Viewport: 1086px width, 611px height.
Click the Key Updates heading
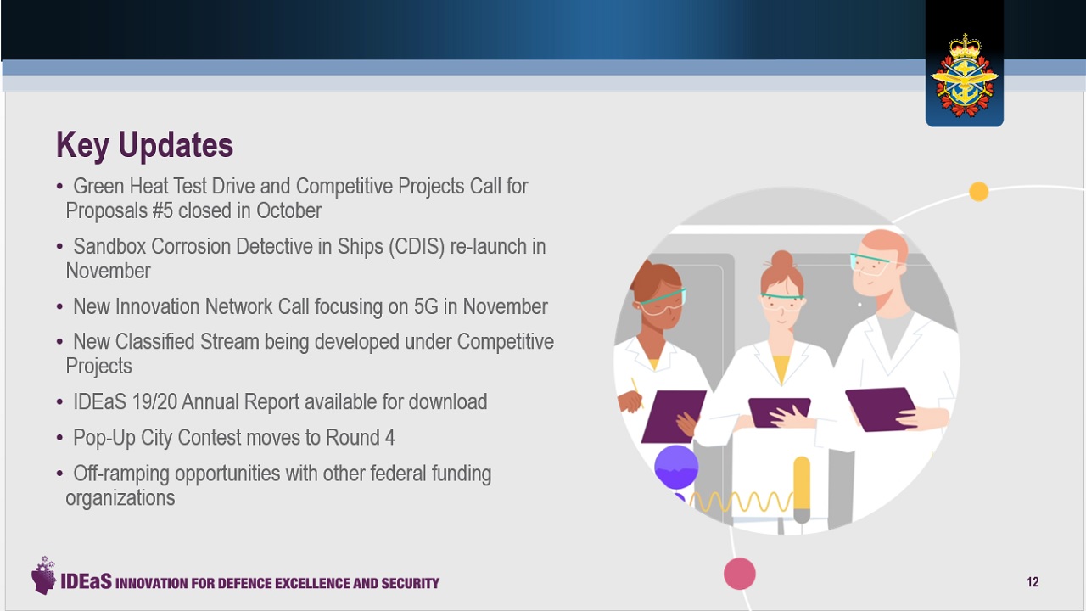(144, 144)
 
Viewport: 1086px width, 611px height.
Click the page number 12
(1033, 582)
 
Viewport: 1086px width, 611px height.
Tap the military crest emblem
(965, 76)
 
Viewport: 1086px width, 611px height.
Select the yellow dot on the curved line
(978, 191)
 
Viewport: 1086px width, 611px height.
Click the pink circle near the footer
(739, 574)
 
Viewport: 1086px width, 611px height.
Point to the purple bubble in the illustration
(676, 467)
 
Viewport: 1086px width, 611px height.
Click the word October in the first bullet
(288, 210)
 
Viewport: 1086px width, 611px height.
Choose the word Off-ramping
(120, 474)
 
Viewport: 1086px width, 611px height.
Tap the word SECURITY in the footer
(410, 583)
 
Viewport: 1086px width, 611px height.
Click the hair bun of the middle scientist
(782, 260)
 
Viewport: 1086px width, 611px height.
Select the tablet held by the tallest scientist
(880, 409)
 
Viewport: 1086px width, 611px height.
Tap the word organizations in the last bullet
(120, 498)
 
